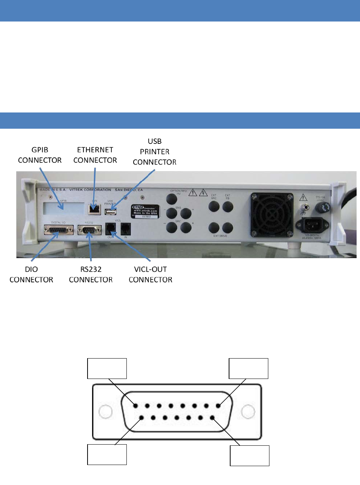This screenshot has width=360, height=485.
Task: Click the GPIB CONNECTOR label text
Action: tap(40, 155)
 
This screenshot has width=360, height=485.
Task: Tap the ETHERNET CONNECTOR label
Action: tap(95, 155)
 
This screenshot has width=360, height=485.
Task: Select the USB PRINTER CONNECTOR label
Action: tap(154, 152)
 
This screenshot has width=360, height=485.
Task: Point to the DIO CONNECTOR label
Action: tap(31, 274)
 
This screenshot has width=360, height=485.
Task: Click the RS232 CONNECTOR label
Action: tap(91, 274)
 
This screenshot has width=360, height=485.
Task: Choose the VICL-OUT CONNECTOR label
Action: tap(150, 274)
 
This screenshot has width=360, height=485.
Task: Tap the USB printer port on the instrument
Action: tap(110, 212)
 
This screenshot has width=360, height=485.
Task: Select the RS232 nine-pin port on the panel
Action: tap(89, 230)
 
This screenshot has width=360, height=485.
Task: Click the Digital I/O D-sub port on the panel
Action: tap(58, 230)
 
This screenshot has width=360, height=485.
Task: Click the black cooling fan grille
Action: tap(272, 214)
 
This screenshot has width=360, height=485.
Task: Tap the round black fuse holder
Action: tap(322, 207)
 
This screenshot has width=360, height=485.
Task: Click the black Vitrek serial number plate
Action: tap(145, 211)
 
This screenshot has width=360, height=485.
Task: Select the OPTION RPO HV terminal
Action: tap(172, 199)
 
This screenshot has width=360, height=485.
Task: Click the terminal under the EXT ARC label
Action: tap(214, 206)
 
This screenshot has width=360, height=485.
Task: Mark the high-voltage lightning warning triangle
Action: tap(203, 193)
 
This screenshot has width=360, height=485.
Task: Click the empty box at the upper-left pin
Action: tap(107, 368)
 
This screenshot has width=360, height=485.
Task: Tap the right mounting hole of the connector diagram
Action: tap(248, 412)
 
